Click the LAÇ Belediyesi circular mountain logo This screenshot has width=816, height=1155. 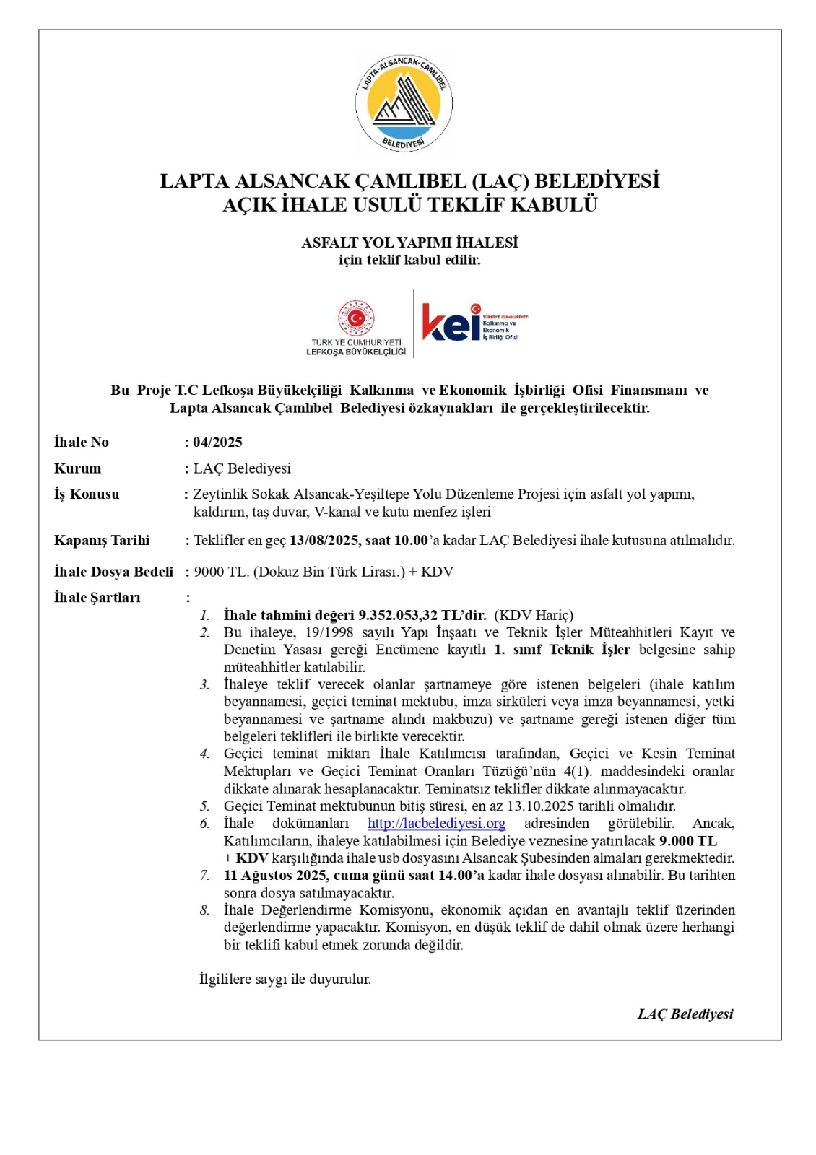(404, 103)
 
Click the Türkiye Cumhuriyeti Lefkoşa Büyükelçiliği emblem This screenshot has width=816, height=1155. (356, 318)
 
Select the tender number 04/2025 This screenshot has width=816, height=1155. (217, 442)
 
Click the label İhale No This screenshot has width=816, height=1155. (81, 442)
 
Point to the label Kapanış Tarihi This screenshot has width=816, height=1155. (102, 540)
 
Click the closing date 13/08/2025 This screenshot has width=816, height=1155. (324, 540)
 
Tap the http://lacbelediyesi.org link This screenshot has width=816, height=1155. (436, 823)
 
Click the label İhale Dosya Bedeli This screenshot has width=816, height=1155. (113, 572)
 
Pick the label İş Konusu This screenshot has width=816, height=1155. (87, 494)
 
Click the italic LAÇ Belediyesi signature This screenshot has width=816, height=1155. (685, 1014)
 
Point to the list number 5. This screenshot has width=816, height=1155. (204, 806)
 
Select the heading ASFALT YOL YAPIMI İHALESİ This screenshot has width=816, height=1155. (409, 243)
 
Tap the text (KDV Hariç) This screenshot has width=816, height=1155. (534, 615)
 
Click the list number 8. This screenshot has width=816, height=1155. (204, 910)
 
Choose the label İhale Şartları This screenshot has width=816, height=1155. (97, 597)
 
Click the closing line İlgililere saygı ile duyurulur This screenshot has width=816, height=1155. (285, 979)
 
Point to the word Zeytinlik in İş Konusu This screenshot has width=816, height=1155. (220, 494)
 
